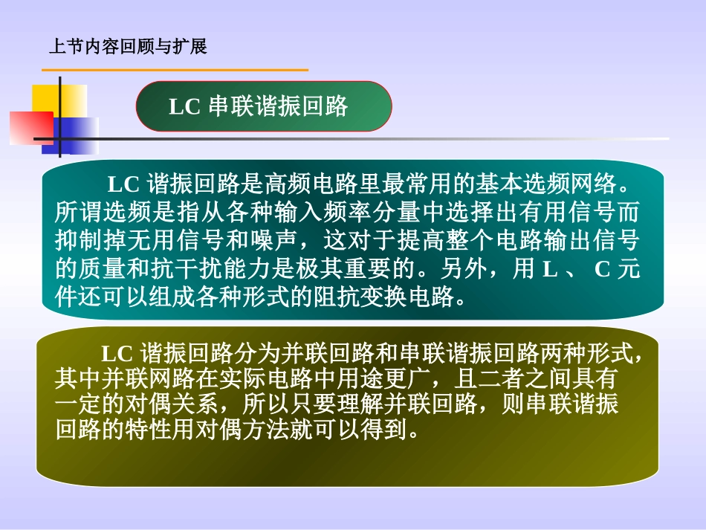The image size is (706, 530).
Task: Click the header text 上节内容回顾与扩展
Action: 126,48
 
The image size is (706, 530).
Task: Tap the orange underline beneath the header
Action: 175,70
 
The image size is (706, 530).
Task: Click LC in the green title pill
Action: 184,107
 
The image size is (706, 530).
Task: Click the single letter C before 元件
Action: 602,269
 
